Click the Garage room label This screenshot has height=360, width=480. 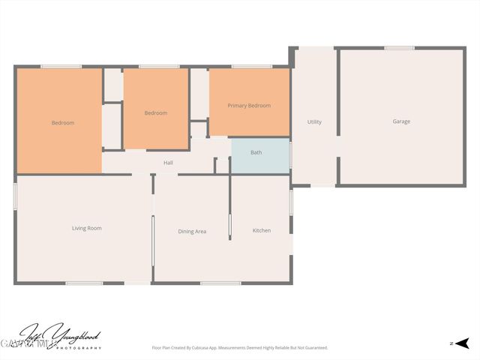coord(401,121)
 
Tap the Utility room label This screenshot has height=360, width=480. coord(314,122)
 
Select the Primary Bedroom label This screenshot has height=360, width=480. coord(249,106)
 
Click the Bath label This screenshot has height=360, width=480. coord(256,153)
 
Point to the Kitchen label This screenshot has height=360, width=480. coord(262,230)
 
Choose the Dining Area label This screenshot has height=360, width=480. coord(192,232)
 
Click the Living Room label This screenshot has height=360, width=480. coord(86,228)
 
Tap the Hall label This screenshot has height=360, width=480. coord(169,163)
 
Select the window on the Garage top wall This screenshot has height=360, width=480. coord(399,49)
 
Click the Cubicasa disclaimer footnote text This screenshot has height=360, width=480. coord(239,348)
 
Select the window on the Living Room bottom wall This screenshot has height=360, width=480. coord(84,283)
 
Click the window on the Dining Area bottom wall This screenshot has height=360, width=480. coord(199,283)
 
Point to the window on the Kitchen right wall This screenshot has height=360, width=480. coord(290,202)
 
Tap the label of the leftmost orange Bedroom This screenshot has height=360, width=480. coord(63,123)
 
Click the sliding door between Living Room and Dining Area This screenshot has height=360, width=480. coord(153,240)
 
